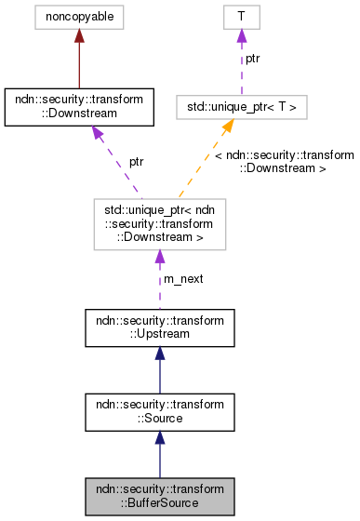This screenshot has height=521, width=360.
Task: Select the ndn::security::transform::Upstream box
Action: pyautogui.click(x=160, y=328)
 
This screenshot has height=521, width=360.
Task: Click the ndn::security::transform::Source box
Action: pyautogui.click(x=160, y=412)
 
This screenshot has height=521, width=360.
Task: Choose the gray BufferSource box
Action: pyautogui.click(x=160, y=496)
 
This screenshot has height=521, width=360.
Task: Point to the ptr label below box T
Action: pyautogui.click(x=252, y=58)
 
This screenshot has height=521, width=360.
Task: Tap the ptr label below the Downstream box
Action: pyautogui.click(x=136, y=162)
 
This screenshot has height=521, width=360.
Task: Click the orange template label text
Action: pyautogui.click(x=284, y=162)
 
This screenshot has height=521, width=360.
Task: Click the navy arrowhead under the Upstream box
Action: pyautogui.click(x=160, y=355)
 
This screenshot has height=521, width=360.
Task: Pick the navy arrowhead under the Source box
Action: pyautogui.click(x=160, y=439)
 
